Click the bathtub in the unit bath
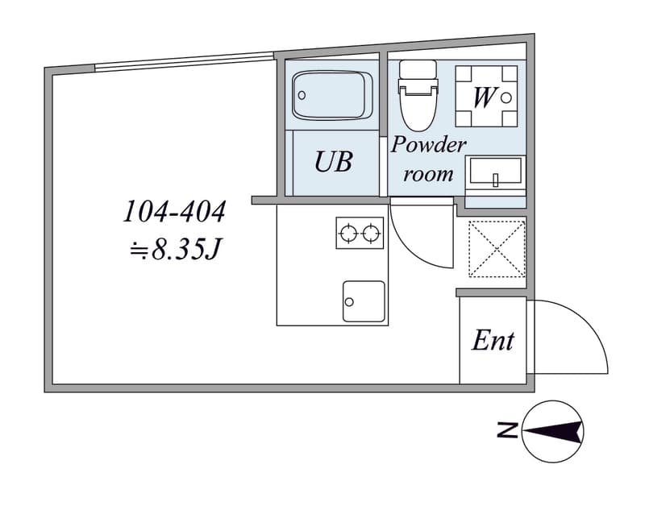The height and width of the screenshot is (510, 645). (x=332, y=96)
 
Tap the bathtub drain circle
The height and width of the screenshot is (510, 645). (x=302, y=95)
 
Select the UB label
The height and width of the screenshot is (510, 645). (x=333, y=161)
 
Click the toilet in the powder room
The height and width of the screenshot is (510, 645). (x=418, y=96)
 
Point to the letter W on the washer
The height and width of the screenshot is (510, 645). (x=485, y=97)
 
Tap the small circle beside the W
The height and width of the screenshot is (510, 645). (x=506, y=97)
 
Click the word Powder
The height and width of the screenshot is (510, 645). (x=429, y=144)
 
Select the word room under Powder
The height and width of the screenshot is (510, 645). (x=428, y=175)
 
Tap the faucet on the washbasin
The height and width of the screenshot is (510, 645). (x=496, y=180)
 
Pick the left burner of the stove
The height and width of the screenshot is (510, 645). (x=348, y=234)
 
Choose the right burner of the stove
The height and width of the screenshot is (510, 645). (x=371, y=234)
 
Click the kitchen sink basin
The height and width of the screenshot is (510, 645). (x=364, y=301)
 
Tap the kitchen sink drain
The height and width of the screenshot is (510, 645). (x=349, y=302)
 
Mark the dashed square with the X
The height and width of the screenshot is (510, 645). (x=497, y=249)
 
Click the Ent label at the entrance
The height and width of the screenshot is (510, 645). (x=493, y=341)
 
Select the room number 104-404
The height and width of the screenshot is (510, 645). (x=174, y=212)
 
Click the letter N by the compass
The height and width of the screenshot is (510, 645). (x=508, y=430)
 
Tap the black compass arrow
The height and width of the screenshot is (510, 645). (x=554, y=432)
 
